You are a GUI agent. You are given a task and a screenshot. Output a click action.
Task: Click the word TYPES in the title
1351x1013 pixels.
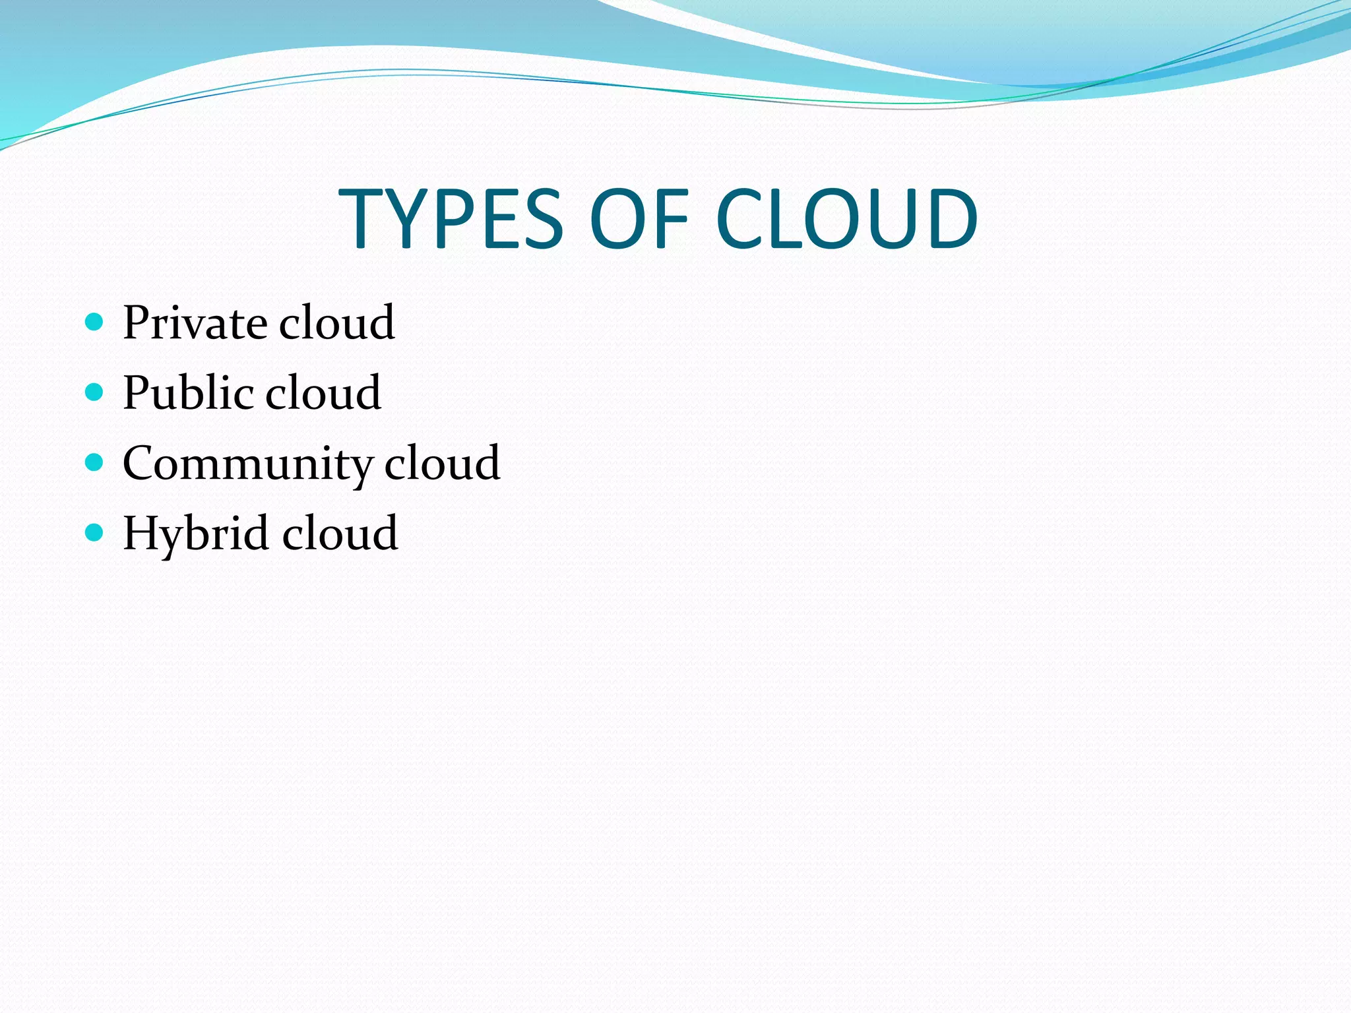(x=451, y=218)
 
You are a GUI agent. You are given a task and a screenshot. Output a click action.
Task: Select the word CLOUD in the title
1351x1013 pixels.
(x=846, y=218)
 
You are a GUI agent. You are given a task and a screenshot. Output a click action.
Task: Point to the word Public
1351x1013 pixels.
(x=188, y=393)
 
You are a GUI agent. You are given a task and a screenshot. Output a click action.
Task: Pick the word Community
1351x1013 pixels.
(x=248, y=464)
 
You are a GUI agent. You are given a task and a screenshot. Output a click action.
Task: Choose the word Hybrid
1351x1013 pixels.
(x=196, y=533)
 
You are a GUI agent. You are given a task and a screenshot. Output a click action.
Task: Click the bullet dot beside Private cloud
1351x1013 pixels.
(x=95, y=322)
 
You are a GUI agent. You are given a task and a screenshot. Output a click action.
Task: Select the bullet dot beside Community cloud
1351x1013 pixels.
(x=95, y=462)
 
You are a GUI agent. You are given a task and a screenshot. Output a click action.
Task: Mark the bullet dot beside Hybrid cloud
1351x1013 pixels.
(x=95, y=532)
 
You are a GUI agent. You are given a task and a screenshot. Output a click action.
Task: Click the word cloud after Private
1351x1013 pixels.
(x=336, y=323)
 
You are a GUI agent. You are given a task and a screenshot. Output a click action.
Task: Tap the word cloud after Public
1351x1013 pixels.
(x=323, y=393)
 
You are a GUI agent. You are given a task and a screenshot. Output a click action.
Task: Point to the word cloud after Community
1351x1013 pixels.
(x=442, y=464)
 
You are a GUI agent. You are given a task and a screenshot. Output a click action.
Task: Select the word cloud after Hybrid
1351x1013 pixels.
(x=340, y=533)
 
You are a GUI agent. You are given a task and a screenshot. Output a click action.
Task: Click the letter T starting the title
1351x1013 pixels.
(x=362, y=218)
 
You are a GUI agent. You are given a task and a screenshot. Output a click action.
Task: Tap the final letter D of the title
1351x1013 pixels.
(x=953, y=218)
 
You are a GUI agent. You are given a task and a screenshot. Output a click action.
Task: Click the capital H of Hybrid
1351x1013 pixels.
(x=142, y=533)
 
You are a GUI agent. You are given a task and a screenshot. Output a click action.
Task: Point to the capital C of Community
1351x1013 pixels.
(x=141, y=464)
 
